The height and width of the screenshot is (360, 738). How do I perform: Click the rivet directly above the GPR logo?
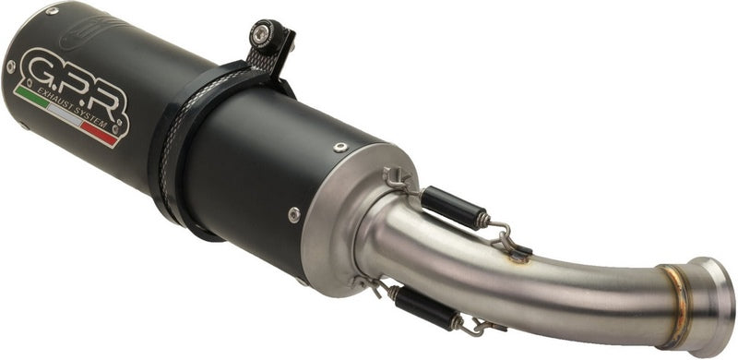click(52, 12)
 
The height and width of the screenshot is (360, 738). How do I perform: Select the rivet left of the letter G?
click(10, 66)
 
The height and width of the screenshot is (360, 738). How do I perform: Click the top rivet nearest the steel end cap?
click(340, 148)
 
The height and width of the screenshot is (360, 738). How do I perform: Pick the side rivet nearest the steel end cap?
click(294, 214)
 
